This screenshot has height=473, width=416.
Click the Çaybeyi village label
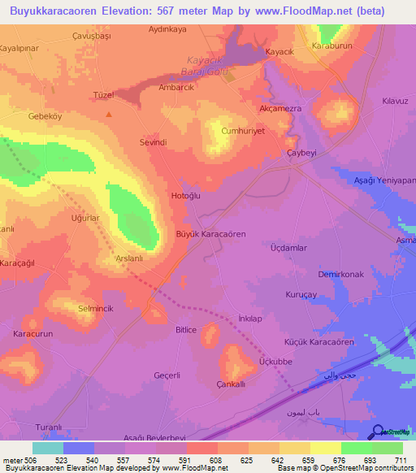(301, 154)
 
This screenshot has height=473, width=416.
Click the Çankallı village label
(232, 383)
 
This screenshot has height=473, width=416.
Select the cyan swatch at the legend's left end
(48, 448)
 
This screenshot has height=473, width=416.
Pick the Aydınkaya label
(168, 29)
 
